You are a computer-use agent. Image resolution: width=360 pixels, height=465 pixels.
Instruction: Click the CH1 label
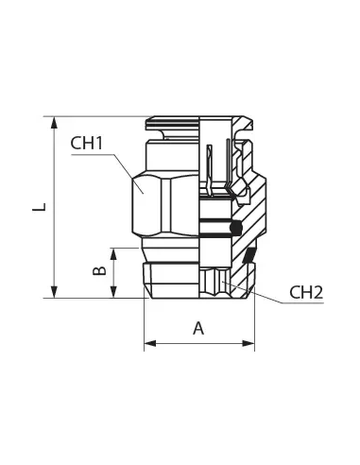[87, 144]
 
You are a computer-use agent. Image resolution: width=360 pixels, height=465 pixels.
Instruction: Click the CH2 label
[306, 293]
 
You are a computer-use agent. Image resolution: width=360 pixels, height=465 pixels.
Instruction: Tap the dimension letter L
[40, 207]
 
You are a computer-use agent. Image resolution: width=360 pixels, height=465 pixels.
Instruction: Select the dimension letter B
[99, 270]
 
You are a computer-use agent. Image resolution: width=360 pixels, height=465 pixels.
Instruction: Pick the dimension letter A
[198, 329]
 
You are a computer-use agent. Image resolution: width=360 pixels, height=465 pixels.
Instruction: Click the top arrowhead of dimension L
[55, 123]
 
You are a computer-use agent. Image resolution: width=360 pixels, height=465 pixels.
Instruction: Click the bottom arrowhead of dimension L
[55, 292]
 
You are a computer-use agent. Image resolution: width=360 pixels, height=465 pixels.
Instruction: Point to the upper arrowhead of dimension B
[113, 254]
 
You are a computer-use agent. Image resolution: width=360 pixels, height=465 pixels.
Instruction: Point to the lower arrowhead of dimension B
[113, 292]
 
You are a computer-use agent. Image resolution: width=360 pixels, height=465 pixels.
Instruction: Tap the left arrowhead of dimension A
[150, 343]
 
